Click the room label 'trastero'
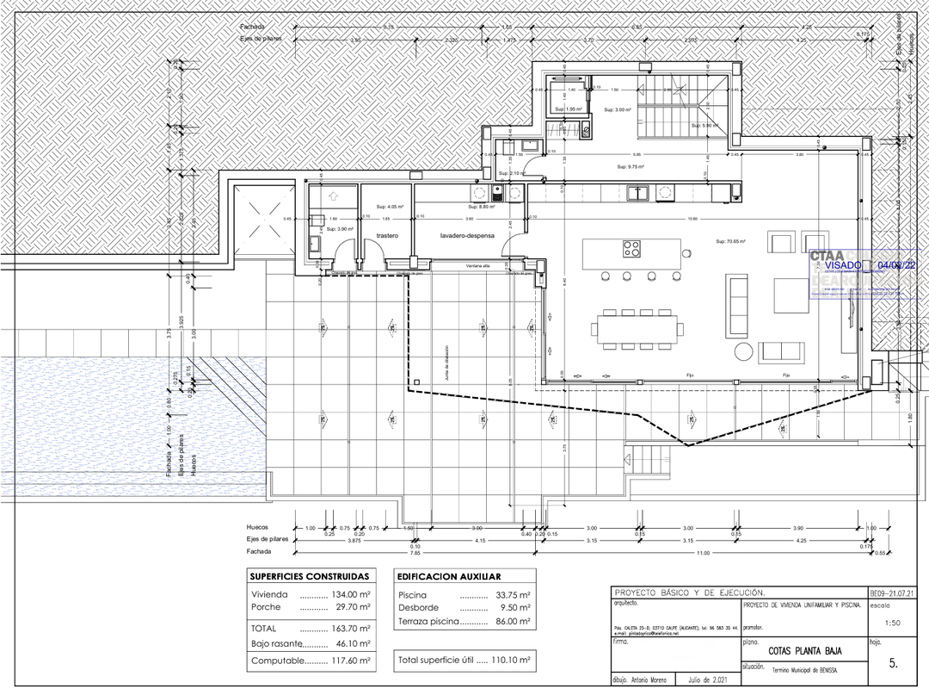click(387, 235)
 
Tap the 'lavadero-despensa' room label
click(468, 235)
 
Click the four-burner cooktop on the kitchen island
click(632, 250)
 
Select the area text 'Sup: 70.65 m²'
click(730, 242)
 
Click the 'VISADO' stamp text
click(843, 265)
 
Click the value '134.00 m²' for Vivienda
click(351, 595)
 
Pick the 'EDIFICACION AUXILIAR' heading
click(449, 576)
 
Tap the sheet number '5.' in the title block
click(893, 664)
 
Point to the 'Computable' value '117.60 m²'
click(351, 661)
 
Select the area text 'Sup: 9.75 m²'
click(631, 167)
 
